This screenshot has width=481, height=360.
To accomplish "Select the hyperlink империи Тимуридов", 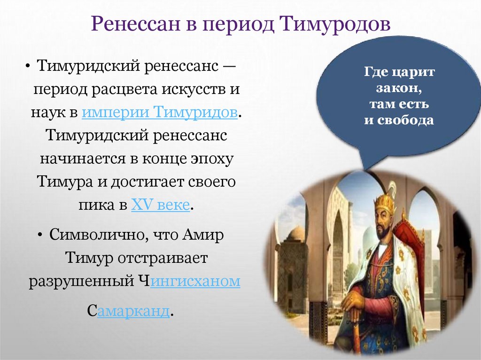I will (x=160, y=113).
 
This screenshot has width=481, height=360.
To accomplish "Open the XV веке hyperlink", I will (x=160, y=205).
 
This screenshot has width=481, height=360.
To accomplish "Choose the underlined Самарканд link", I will (x=133, y=312).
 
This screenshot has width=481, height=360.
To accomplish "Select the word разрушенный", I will (x=79, y=282).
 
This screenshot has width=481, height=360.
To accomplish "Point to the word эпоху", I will (x=211, y=159).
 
